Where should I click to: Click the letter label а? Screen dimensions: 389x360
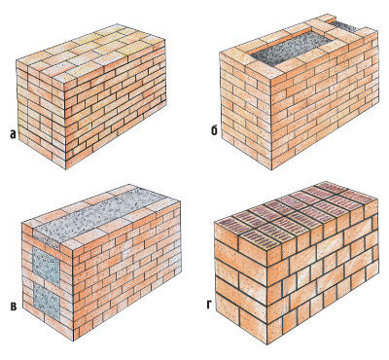coord(13,133)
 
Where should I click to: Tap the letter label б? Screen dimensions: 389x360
coord(214,131)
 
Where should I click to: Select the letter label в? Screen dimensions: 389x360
coord(14,306)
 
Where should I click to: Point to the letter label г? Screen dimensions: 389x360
coord(210,306)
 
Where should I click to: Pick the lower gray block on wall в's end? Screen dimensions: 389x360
coord(46,300)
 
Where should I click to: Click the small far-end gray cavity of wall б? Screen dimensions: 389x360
coord(344,26)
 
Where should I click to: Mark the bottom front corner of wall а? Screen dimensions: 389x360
coord(65,169)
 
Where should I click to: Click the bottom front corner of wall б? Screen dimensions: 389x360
coord(271,169)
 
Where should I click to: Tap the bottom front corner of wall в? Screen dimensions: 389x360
coord(73,341)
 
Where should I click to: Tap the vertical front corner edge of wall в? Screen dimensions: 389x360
coord(73,295)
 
